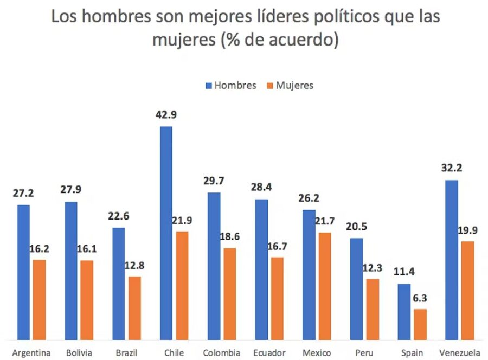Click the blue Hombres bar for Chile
click(166, 233)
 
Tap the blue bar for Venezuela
click(451, 260)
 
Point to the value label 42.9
click(165, 115)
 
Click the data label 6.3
click(420, 297)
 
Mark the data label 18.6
click(230, 236)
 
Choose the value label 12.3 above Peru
click(373, 267)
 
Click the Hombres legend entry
click(230, 86)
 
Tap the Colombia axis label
click(221, 353)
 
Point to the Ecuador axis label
click(269, 353)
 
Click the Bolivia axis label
click(79, 353)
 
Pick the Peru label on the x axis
click(365, 353)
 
